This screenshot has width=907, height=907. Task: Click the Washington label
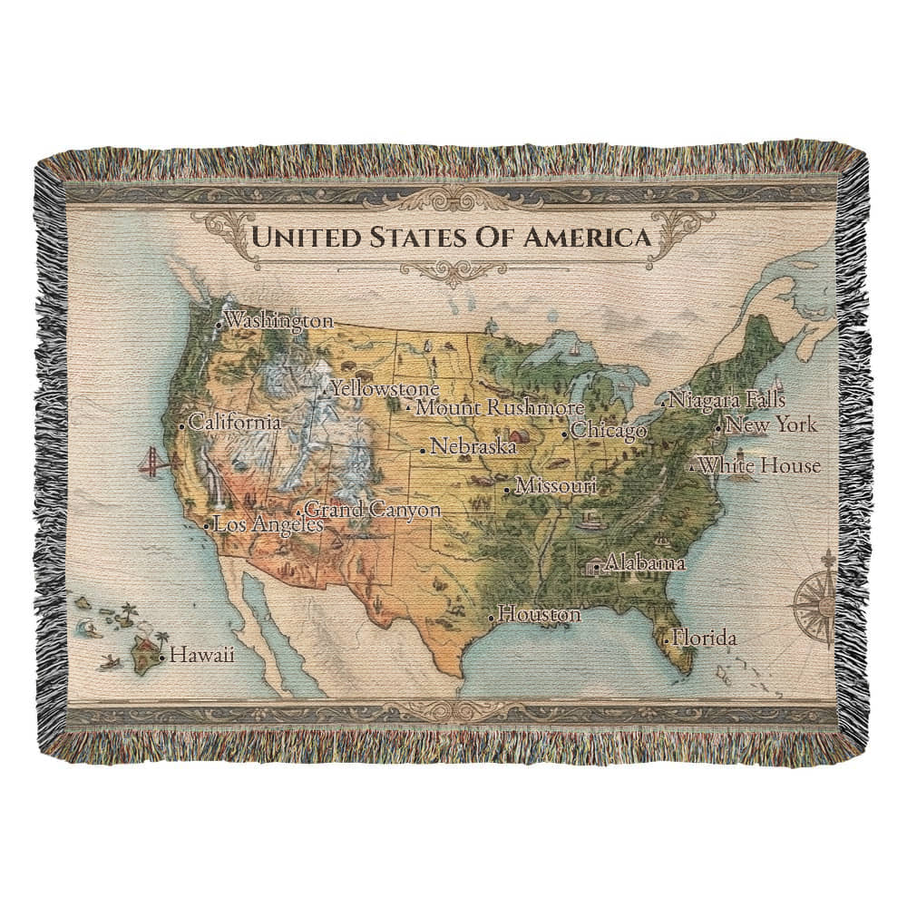pyautogui.click(x=278, y=320)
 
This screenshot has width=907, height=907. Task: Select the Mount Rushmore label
pyautogui.click(x=499, y=408)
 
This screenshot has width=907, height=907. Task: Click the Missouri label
pyautogui.click(x=555, y=486)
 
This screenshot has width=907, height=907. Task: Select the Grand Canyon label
pyautogui.click(x=372, y=510)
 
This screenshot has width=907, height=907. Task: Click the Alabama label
pyautogui.click(x=645, y=563)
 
